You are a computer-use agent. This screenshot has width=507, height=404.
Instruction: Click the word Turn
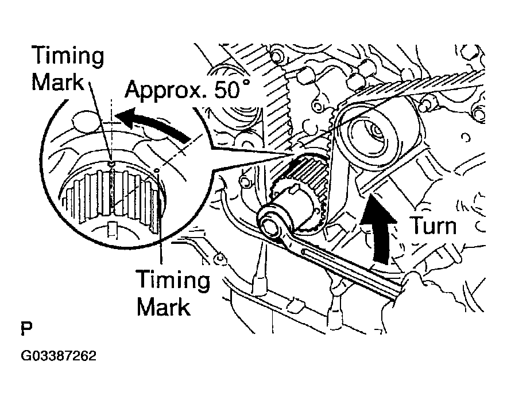(432, 226)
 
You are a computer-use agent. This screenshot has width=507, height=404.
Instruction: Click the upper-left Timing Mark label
(68, 69)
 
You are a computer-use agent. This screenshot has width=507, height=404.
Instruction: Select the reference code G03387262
(59, 356)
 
